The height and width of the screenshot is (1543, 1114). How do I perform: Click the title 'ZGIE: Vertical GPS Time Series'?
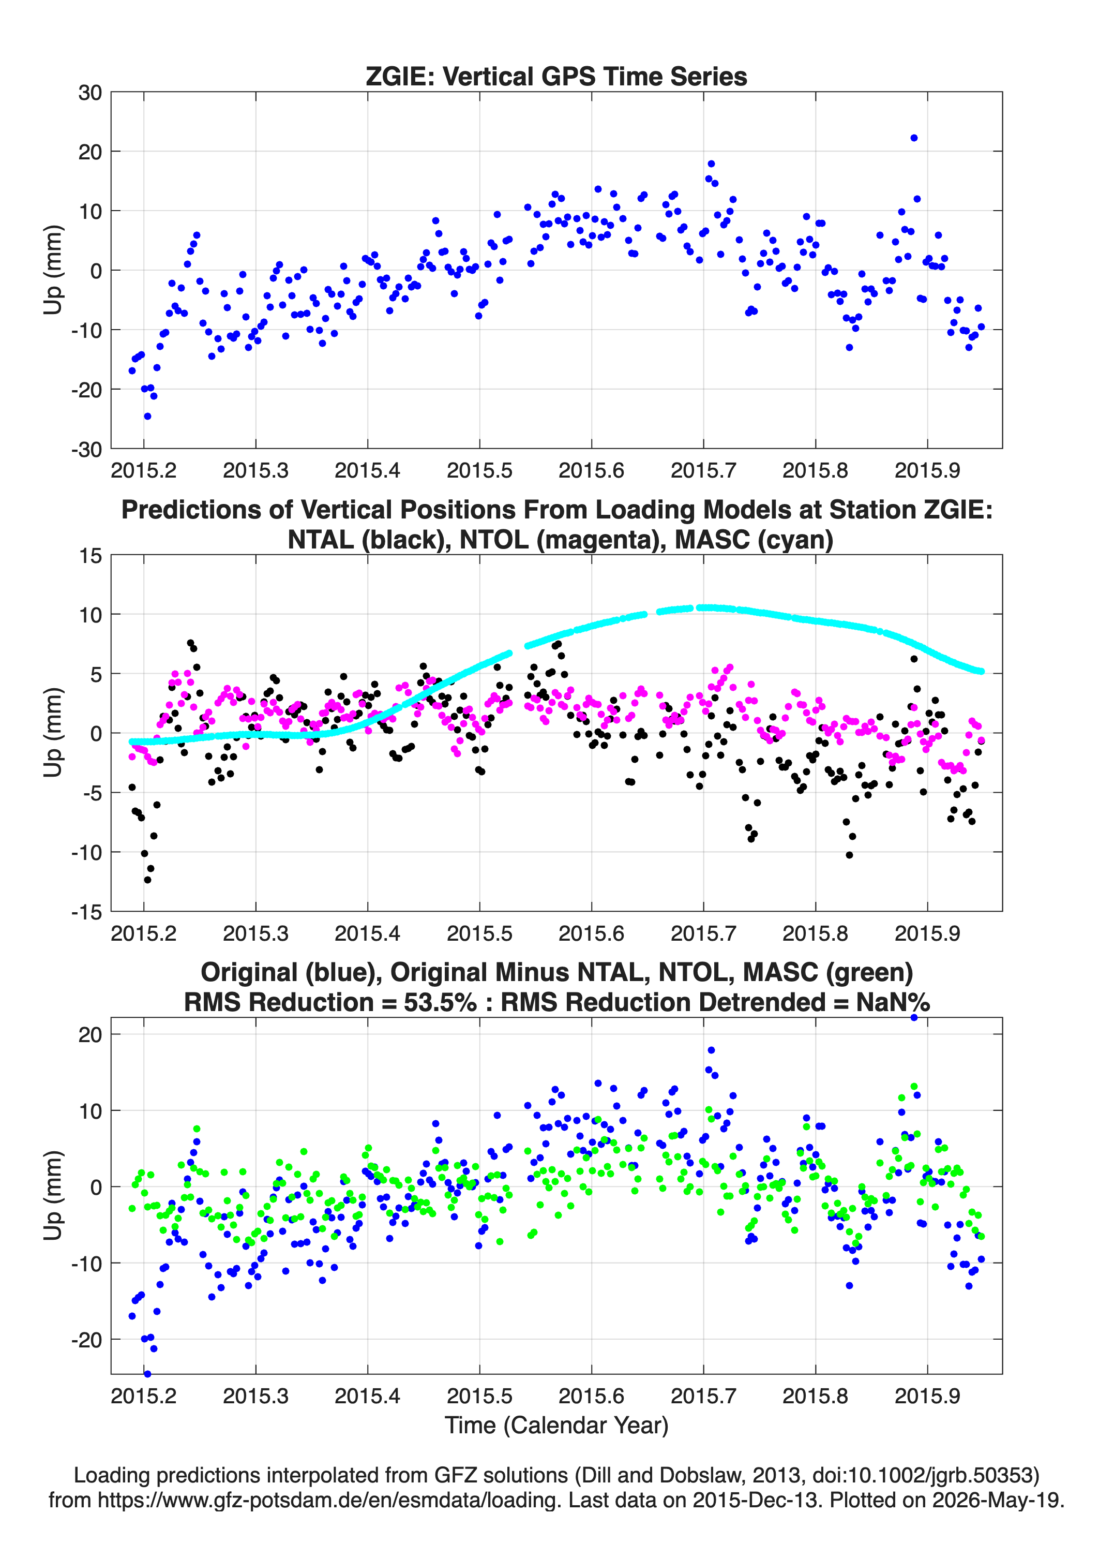point(556,76)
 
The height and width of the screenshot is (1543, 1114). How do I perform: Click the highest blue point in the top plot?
point(914,138)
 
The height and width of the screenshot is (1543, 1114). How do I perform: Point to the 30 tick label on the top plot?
point(90,93)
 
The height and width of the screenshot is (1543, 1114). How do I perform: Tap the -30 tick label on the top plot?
point(86,449)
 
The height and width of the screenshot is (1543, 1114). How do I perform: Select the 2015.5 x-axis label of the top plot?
point(479,470)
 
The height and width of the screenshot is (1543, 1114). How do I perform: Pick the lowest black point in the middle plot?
point(147,880)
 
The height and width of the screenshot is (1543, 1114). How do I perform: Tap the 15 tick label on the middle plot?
point(91,556)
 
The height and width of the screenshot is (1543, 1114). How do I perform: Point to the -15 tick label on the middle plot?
point(86,912)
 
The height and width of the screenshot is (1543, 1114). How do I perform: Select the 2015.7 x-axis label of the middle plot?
point(703,933)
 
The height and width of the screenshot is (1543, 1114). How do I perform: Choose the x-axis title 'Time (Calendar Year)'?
point(556,1426)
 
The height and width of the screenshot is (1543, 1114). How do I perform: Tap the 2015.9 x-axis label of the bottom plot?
point(927,1396)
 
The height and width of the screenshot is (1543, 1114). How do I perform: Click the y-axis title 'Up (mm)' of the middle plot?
point(53,733)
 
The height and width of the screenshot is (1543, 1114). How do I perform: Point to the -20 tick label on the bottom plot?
point(86,1340)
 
